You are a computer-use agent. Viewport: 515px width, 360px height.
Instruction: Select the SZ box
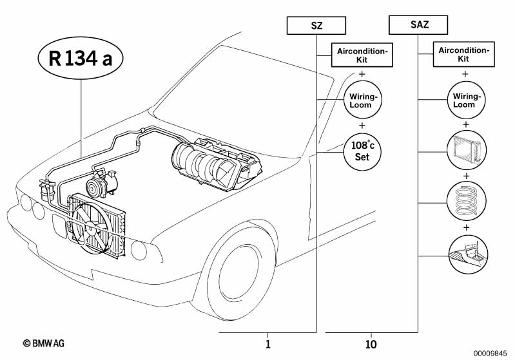(x=316, y=26)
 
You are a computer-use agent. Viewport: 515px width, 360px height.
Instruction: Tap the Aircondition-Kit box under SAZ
(x=463, y=54)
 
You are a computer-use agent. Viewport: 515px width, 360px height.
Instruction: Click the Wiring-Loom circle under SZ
(x=362, y=100)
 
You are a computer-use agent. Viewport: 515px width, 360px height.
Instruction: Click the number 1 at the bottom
(x=267, y=345)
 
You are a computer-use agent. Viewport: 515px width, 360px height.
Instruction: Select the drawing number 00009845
(x=491, y=353)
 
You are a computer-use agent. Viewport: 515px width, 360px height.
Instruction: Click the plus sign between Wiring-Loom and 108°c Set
(x=362, y=126)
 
